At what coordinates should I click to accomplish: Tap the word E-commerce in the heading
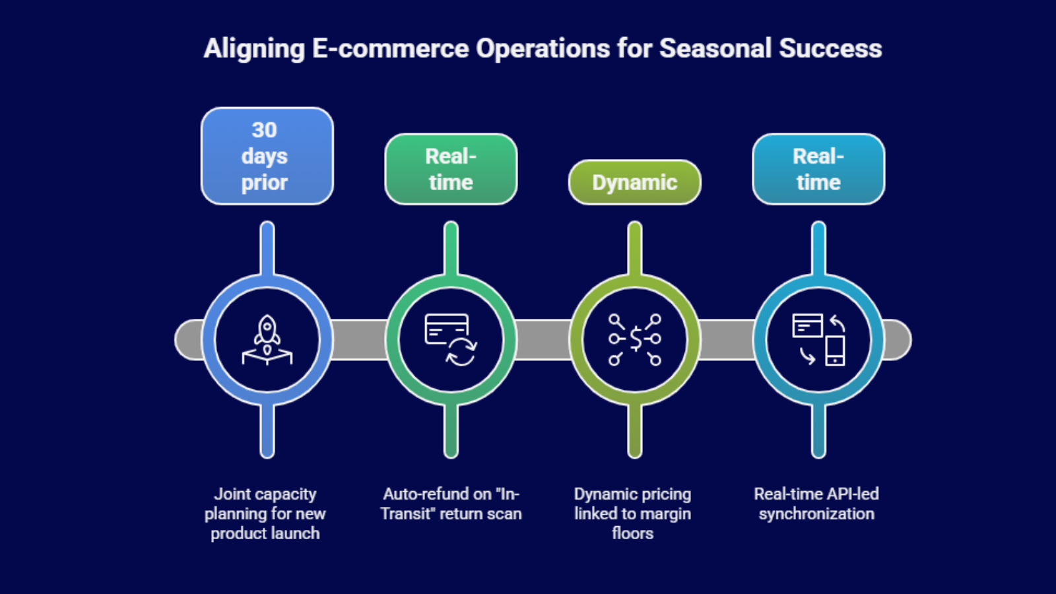(x=390, y=49)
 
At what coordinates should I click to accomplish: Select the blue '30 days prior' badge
(x=267, y=156)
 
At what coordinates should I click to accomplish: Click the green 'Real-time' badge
(x=451, y=169)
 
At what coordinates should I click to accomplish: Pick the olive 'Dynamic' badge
(x=634, y=182)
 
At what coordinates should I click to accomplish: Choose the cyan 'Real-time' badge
(x=818, y=169)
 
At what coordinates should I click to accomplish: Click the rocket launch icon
(x=267, y=340)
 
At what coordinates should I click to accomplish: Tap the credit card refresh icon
(x=451, y=340)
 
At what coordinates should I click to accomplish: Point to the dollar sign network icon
(x=634, y=340)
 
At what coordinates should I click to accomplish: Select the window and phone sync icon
(x=818, y=340)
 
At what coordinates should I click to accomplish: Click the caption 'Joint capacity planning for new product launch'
(x=265, y=514)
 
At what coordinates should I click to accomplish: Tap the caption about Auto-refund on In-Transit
(x=451, y=504)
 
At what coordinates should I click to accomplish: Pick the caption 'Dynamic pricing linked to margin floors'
(x=633, y=514)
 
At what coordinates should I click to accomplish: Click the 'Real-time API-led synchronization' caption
(x=816, y=504)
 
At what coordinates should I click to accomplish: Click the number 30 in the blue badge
(x=265, y=130)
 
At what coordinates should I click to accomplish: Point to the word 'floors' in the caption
(x=633, y=533)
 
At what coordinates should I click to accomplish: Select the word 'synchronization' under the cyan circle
(x=816, y=514)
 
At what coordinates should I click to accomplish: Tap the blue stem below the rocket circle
(x=267, y=431)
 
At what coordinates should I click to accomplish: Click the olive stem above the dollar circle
(x=634, y=248)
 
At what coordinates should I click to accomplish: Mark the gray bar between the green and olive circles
(x=543, y=340)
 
